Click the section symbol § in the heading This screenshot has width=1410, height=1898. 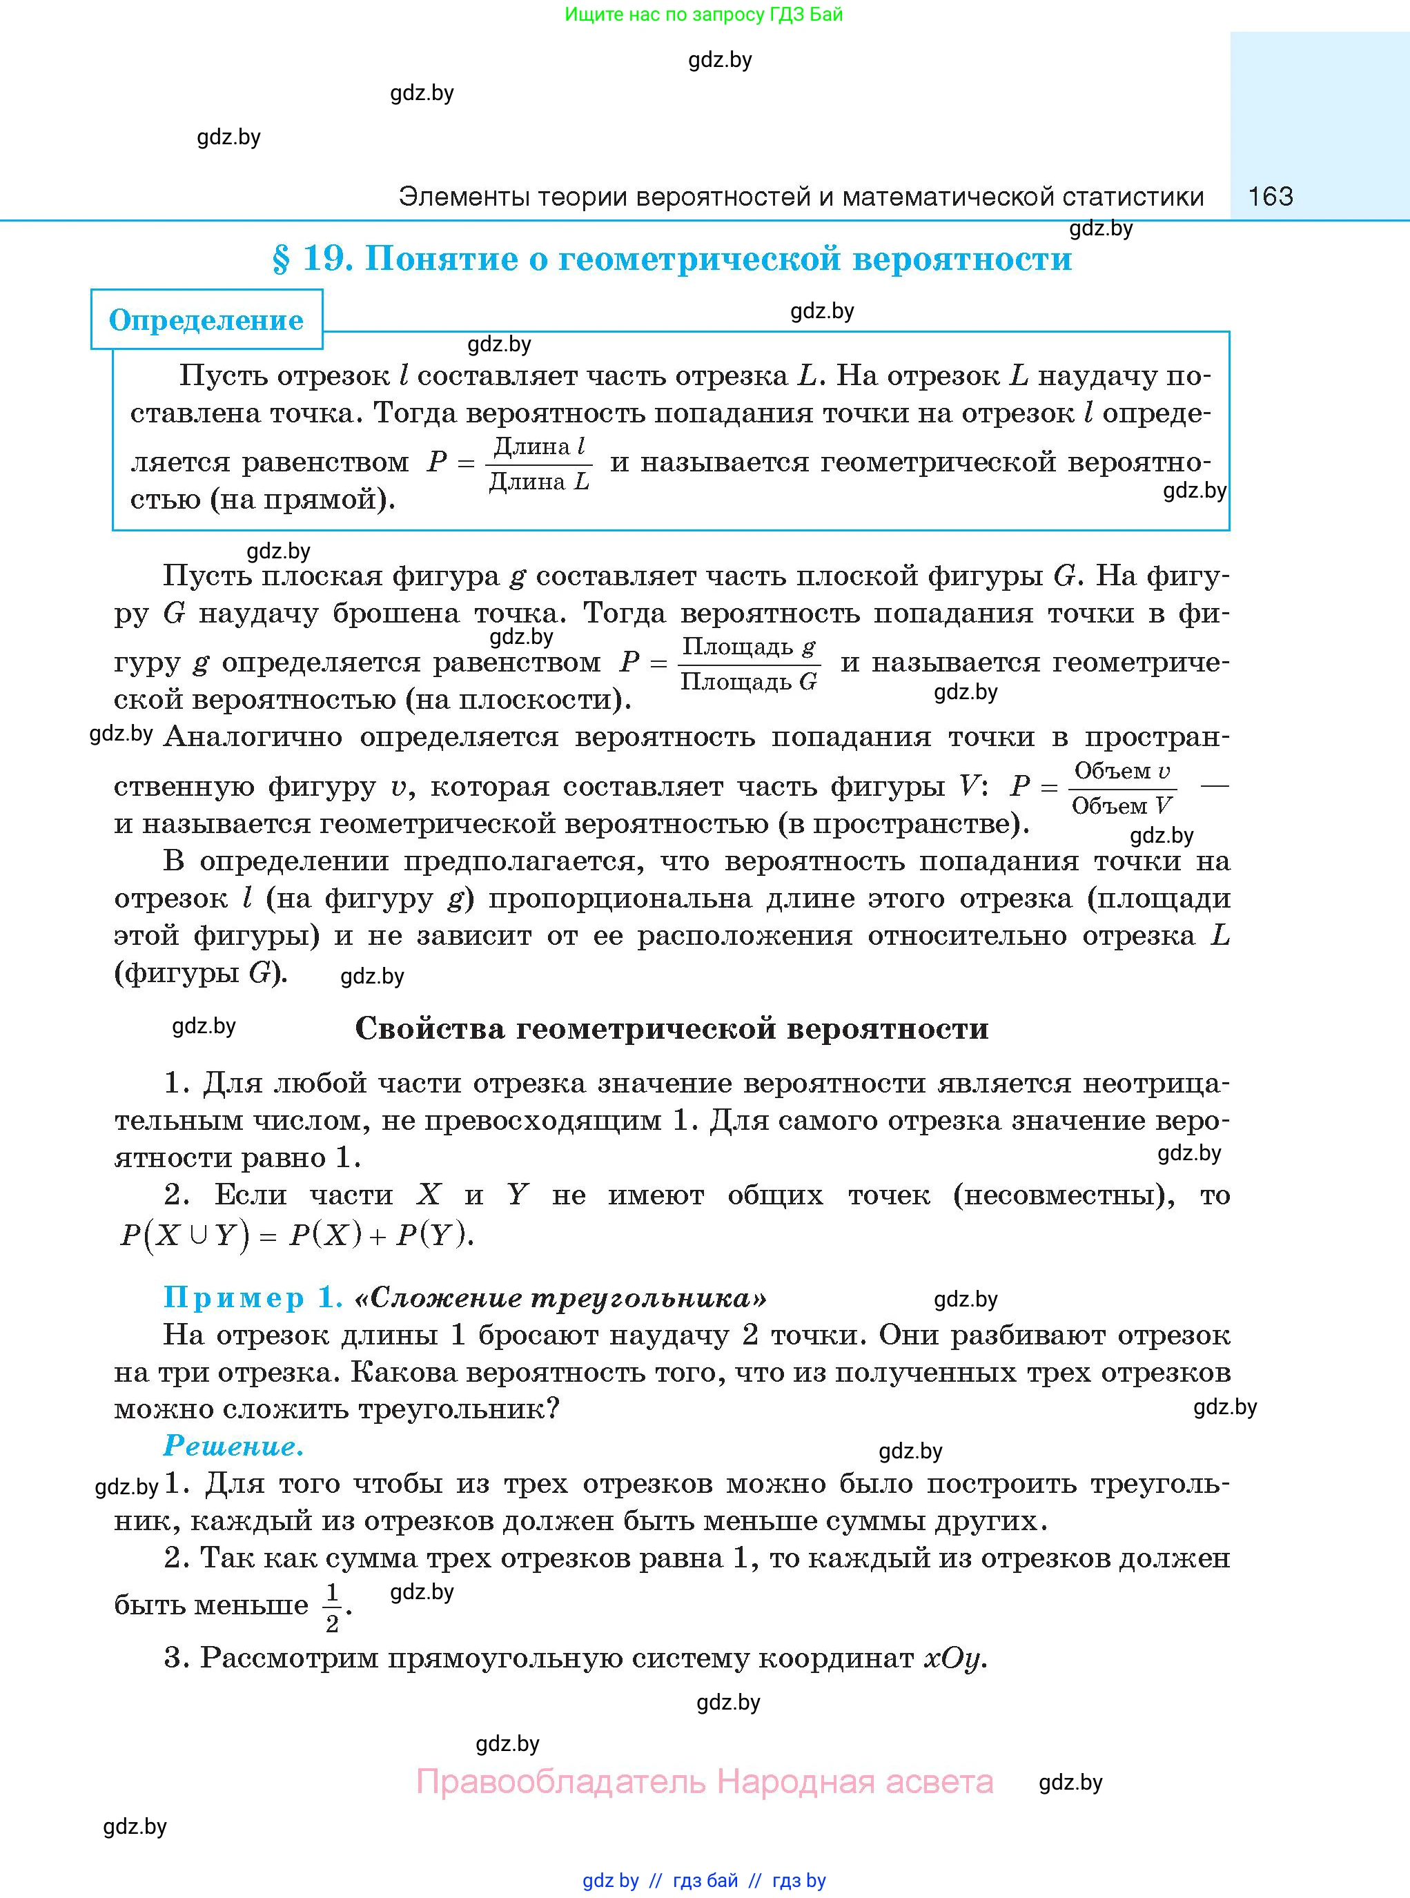[282, 259]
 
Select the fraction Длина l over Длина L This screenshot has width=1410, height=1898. [540, 463]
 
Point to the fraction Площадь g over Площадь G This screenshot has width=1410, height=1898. [750, 663]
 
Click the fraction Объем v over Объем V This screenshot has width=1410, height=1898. [1122, 787]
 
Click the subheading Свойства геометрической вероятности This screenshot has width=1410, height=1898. [671, 1028]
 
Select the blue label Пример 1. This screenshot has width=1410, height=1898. [253, 1297]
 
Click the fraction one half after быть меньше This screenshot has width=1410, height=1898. [332, 1607]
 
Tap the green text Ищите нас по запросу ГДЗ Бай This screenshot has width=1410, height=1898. [703, 14]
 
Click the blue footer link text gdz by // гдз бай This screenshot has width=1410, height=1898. [660, 1880]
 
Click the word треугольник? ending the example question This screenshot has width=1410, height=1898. [458, 1409]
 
